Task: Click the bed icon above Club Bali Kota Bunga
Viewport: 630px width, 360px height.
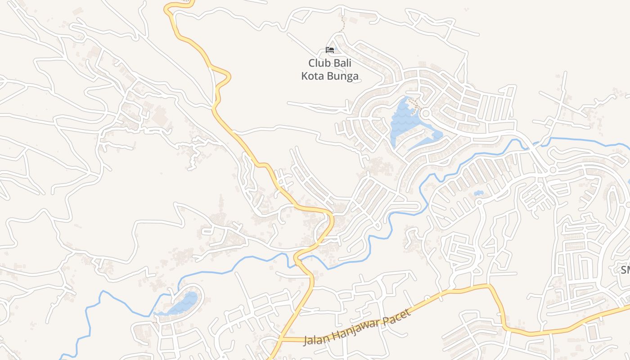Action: click(330, 49)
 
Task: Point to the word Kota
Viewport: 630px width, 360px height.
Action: click(313, 76)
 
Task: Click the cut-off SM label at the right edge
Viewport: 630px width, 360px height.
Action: click(625, 270)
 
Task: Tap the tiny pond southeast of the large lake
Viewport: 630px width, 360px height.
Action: click(478, 194)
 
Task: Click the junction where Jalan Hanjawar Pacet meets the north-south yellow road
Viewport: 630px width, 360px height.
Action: click(283, 339)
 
